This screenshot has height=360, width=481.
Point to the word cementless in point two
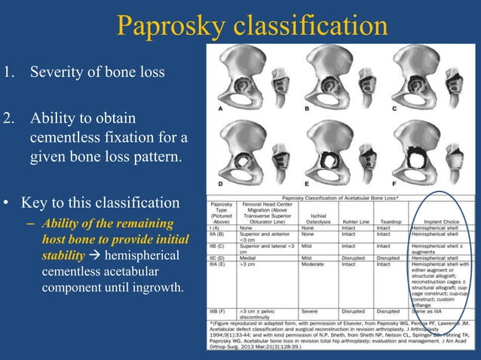coord(66,140)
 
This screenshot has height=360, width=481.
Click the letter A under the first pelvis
coord(219,109)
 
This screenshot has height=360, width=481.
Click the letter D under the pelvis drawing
coord(219,183)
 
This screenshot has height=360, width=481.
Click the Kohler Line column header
coord(351,222)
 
